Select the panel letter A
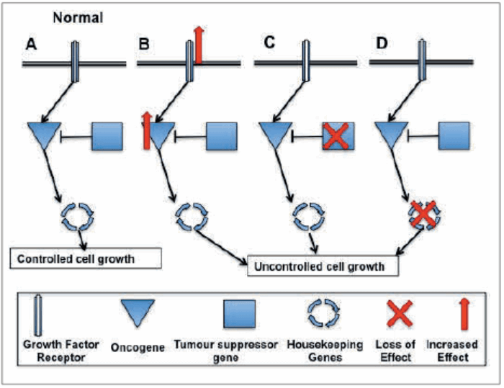tap(31, 45)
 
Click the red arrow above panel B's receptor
tap(199, 42)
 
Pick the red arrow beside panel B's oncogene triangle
tap(148, 132)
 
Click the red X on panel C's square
tap(336, 135)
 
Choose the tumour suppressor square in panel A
tap(106, 136)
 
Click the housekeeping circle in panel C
tap(310, 215)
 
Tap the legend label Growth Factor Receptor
tap(51, 351)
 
